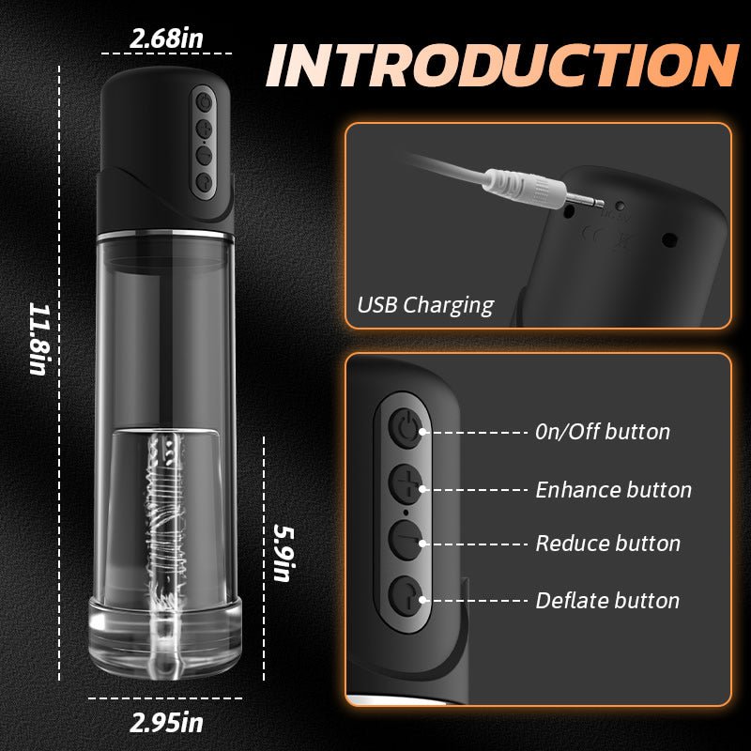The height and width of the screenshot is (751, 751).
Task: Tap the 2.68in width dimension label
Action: pyautogui.click(x=166, y=39)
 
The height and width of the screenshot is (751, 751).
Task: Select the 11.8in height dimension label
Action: pyautogui.click(x=38, y=337)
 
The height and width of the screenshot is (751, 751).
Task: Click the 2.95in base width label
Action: pyautogui.click(x=167, y=723)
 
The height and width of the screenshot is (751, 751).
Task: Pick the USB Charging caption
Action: pyautogui.click(x=425, y=304)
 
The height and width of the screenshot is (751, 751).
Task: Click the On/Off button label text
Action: pyautogui.click(x=602, y=432)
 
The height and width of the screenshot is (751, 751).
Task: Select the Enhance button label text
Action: pyautogui.click(x=613, y=489)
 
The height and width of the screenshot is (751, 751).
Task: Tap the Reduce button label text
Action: pyautogui.click(x=607, y=544)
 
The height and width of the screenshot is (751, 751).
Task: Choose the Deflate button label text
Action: pyautogui.click(x=607, y=600)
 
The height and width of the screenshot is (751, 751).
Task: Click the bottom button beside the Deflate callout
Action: pyautogui.click(x=406, y=597)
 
